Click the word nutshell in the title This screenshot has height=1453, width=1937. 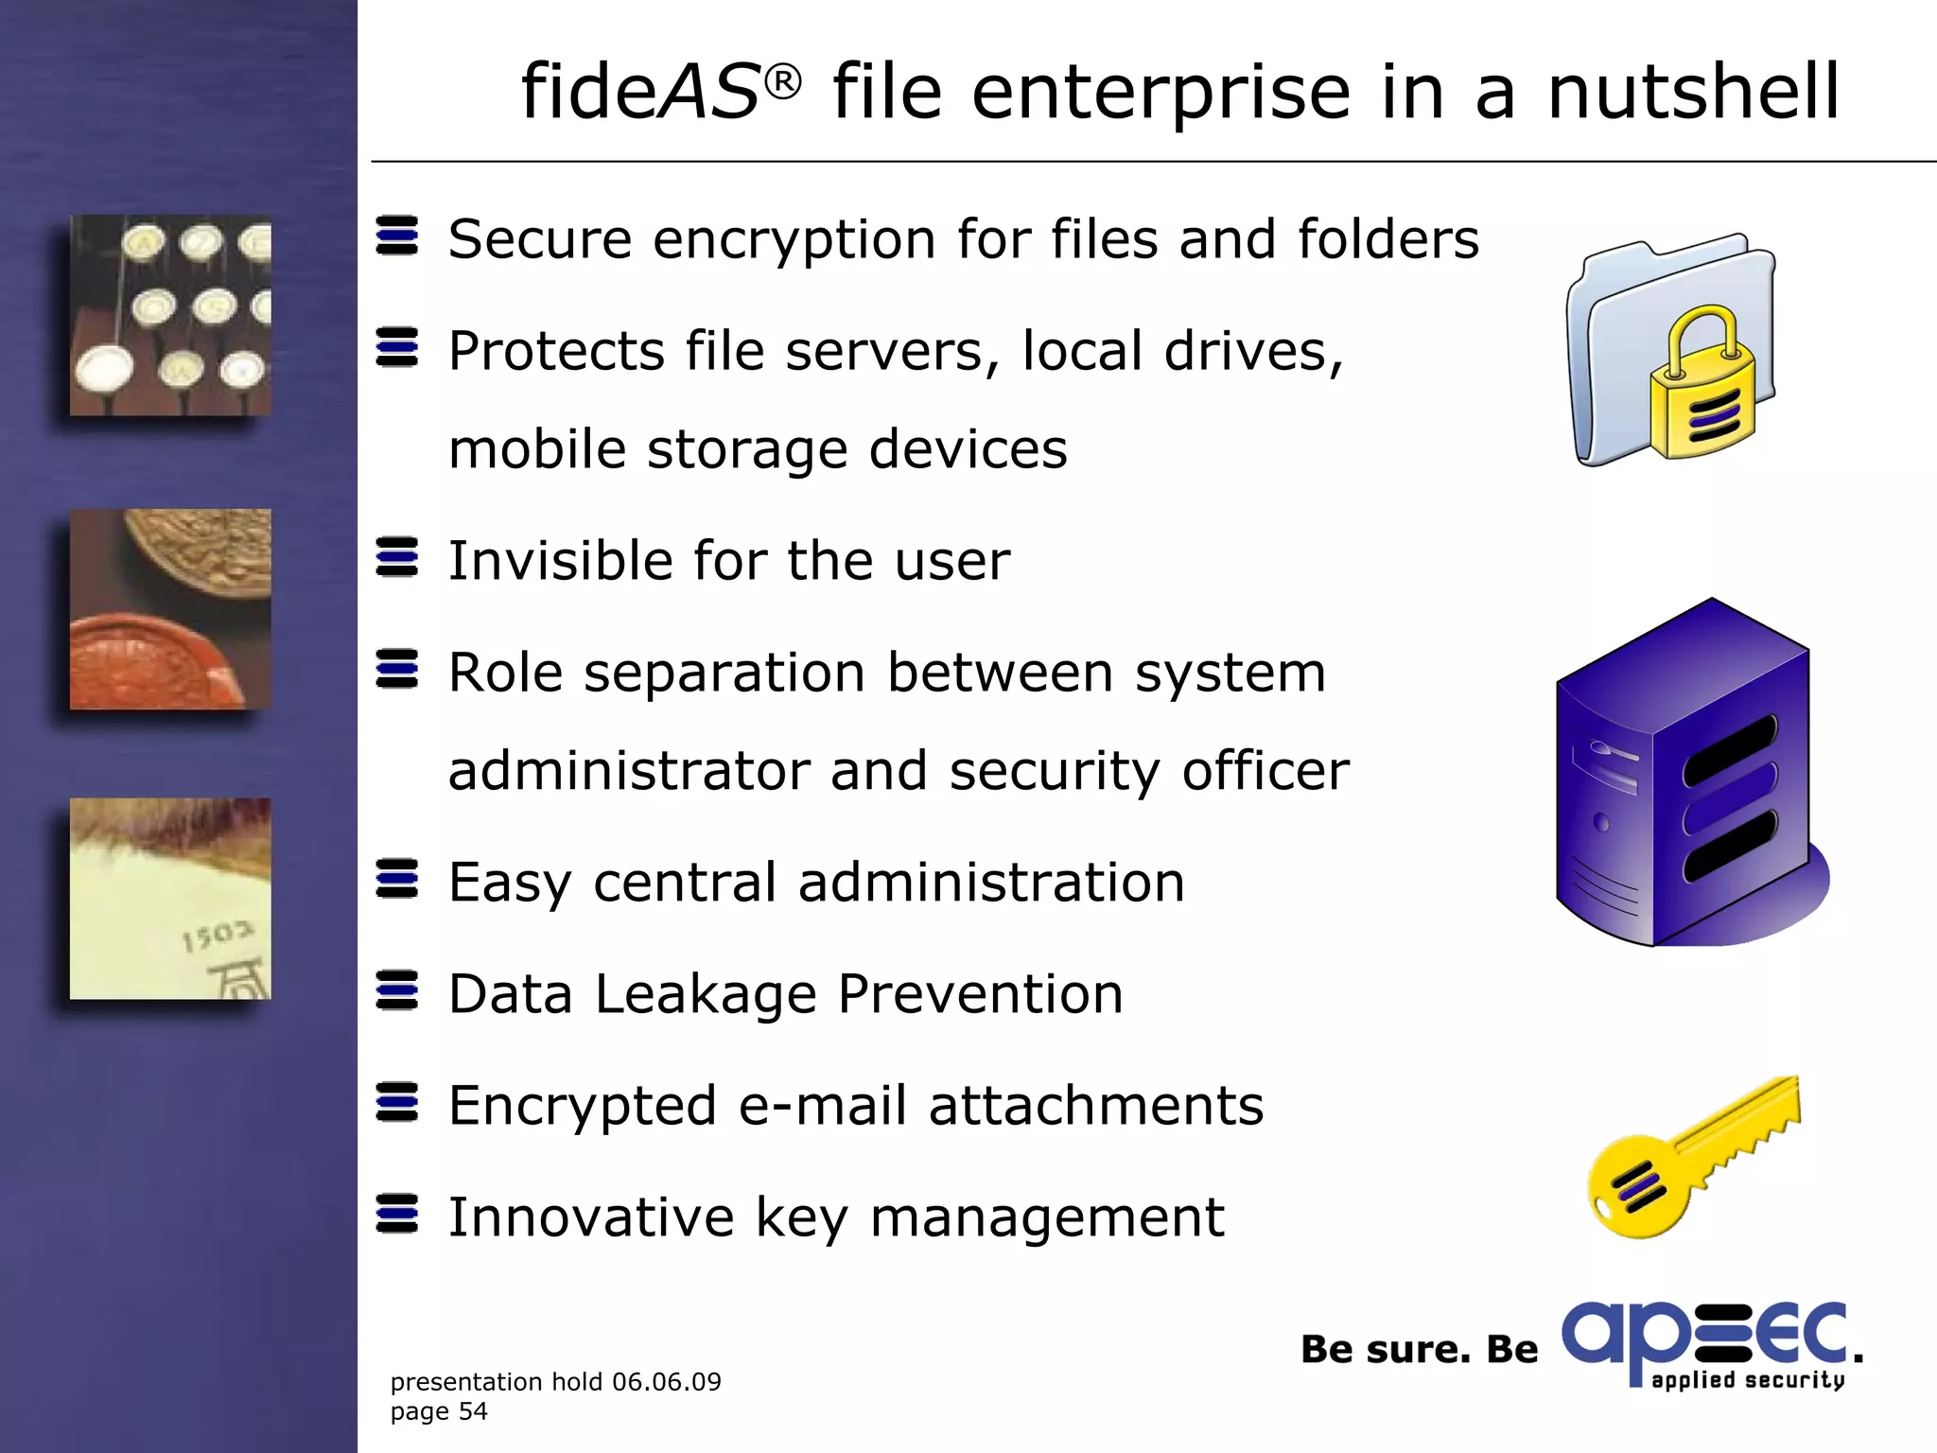tap(1693, 92)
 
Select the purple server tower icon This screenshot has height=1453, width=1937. tap(1684, 776)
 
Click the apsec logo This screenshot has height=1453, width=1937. tap(1707, 1343)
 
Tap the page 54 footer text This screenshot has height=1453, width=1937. tap(439, 1412)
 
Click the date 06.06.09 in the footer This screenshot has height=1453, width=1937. tap(666, 1382)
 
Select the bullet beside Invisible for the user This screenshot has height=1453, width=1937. tap(396, 557)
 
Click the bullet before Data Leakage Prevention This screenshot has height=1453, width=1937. tap(396, 990)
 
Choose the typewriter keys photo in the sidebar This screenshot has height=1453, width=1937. tap(170, 315)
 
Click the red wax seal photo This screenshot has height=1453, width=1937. tap(170, 610)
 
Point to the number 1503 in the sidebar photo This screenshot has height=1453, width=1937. tap(218, 937)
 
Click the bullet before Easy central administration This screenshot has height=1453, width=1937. tap(396, 879)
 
